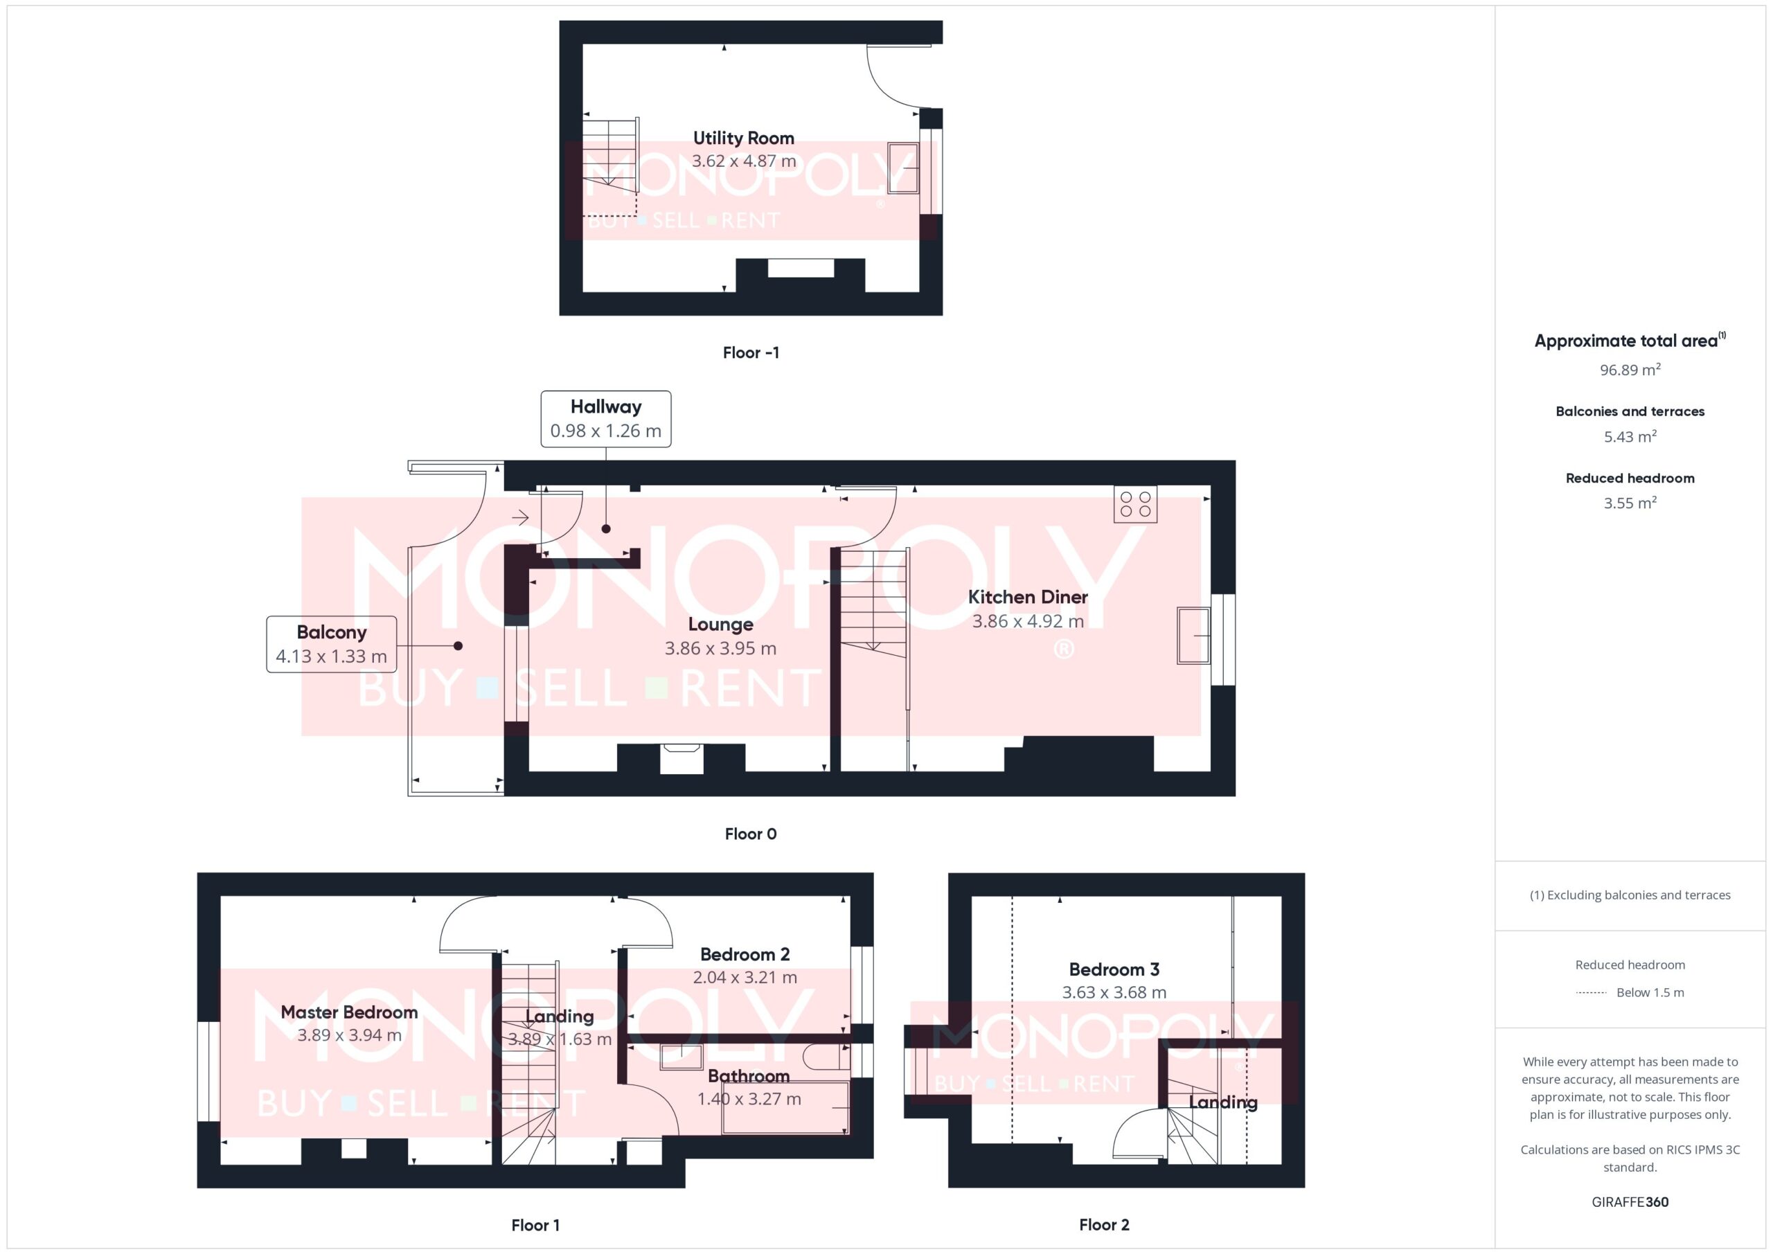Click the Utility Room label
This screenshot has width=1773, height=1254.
coord(744,138)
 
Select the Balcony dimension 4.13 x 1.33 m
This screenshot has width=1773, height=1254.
coord(331,656)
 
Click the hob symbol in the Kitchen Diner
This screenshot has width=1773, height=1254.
coord(1135,504)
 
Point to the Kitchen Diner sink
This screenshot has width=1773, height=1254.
coord(1194,636)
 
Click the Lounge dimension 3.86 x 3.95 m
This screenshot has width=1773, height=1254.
coord(720,649)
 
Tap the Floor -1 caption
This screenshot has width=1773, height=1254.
coord(751,353)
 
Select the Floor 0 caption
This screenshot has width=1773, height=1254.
coord(751,834)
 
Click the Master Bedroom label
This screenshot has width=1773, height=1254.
coord(349,1012)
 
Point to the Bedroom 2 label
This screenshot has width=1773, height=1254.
coord(745,954)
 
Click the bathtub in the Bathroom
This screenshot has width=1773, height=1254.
coord(785,1107)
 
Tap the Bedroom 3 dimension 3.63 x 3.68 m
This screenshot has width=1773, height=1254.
coord(1114,992)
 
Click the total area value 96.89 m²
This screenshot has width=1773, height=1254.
coord(1630,370)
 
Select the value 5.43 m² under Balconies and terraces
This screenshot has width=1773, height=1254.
coord(1630,436)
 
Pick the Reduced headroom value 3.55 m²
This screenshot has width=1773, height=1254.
coord(1630,503)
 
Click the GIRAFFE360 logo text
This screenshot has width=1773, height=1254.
coord(1630,1201)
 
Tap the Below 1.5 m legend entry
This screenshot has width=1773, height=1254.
coord(1650,992)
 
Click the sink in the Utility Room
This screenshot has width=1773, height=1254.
coord(902,168)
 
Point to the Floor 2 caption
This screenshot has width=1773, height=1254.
coord(1103,1225)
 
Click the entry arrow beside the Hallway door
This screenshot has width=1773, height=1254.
coord(520,517)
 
